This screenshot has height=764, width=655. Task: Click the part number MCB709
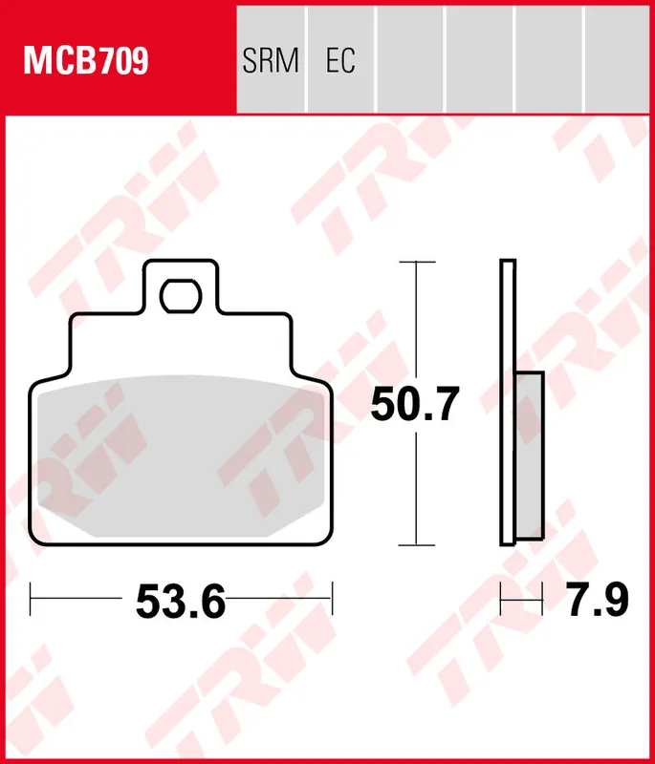(x=85, y=61)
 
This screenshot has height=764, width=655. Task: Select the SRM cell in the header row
(x=271, y=61)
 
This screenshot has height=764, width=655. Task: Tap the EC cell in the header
(x=340, y=61)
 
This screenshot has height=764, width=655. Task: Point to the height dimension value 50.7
(x=416, y=405)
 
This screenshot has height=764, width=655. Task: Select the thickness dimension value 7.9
(x=595, y=602)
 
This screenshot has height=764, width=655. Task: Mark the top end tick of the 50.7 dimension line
(x=416, y=261)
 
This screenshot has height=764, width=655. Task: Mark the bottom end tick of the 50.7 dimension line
(x=416, y=545)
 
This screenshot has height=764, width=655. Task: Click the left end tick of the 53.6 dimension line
(x=32, y=602)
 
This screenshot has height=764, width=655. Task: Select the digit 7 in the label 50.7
(x=446, y=405)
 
